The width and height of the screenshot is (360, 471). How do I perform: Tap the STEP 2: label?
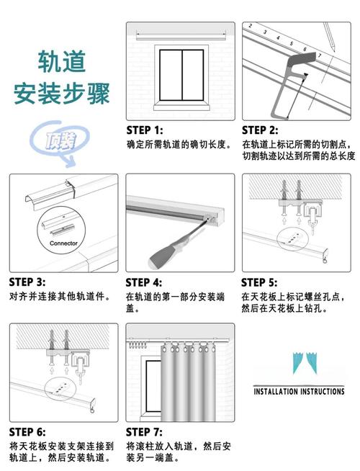[260, 130]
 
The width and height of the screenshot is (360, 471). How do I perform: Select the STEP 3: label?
[27, 282]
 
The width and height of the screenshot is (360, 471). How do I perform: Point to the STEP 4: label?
[144, 282]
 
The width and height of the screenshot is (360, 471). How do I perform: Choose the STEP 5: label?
[260, 282]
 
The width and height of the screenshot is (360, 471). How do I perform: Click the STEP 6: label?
[27, 432]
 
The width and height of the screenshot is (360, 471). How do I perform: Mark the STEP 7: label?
[144, 432]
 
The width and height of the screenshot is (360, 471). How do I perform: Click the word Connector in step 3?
[63, 243]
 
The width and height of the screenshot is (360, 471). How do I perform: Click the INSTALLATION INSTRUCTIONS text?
[299, 391]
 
